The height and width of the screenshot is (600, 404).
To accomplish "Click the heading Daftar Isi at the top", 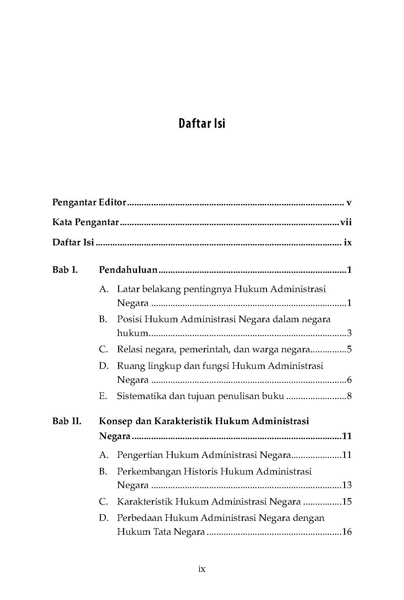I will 202,124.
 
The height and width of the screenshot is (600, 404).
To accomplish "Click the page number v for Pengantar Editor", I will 349,203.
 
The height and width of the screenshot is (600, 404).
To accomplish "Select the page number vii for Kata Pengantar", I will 346,222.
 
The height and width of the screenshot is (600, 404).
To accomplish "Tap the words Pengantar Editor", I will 89,203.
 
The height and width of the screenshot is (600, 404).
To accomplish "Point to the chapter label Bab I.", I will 65,270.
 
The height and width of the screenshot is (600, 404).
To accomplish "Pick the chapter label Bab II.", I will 67,421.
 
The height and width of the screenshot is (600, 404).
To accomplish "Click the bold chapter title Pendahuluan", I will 128,270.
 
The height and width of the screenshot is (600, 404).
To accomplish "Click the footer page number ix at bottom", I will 202,569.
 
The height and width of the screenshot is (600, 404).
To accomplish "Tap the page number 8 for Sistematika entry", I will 349,396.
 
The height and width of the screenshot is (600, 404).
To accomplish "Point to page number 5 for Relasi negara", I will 349,349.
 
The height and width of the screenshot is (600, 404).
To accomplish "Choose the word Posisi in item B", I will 129,319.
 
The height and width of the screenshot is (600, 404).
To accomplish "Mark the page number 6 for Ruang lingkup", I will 349,380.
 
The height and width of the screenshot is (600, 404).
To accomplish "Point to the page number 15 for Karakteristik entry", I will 347,502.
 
